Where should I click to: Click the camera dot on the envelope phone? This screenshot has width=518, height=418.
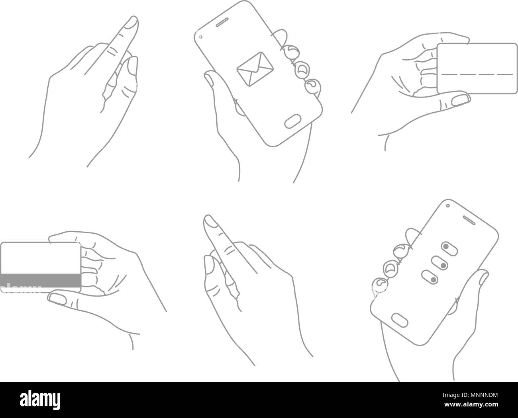point(200,37)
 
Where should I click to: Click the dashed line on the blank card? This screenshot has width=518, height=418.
point(477,74)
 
